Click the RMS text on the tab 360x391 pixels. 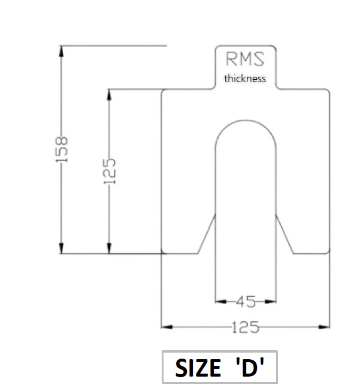click(245, 58)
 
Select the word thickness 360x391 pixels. click(245, 79)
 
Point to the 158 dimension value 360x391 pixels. click(62, 148)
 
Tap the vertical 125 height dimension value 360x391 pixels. click(109, 171)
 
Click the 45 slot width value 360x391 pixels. click(246, 300)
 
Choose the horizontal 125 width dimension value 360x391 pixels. click(246, 327)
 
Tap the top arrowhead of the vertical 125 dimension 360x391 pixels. click(109, 94)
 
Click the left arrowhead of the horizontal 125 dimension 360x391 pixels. click(167, 327)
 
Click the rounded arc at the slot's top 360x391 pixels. click(246, 121)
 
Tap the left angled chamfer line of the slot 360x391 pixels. click(207, 234)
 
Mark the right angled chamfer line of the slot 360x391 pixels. click(285, 234)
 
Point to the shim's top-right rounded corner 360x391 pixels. click(328, 91)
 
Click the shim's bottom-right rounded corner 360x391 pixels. click(328, 252)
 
